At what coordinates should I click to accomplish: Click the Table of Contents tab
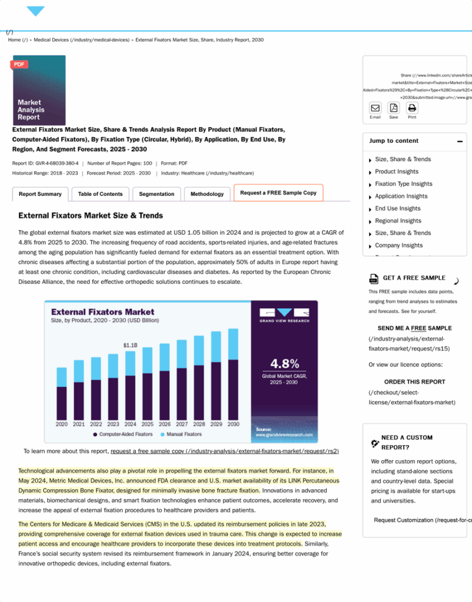pos(101,194)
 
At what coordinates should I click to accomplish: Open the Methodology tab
pos(207,194)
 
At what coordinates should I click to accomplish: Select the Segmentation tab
pos(156,194)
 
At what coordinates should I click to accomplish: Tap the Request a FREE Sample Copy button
pos(278,193)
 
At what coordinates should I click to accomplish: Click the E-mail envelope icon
pos(375,108)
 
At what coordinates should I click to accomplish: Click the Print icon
pos(412,108)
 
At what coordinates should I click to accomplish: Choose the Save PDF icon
pos(394,108)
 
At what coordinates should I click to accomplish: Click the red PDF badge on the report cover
pos(19,65)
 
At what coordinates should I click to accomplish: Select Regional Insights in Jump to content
pos(398,221)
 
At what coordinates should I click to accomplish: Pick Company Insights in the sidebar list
pos(399,246)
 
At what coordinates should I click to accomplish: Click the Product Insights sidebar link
pos(397,172)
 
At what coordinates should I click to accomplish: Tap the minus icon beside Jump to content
pos(460,142)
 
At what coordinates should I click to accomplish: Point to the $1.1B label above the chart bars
pos(130,345)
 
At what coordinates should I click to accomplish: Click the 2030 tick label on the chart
pos(233,424)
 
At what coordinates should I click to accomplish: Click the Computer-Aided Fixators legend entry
pos(125,434)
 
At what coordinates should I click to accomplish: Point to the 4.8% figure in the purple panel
pos(284,363)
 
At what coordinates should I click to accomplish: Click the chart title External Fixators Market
pos(103,312)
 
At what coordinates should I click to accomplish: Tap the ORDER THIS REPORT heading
pos(414,382)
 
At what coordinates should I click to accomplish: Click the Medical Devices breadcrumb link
pos(81,40)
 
